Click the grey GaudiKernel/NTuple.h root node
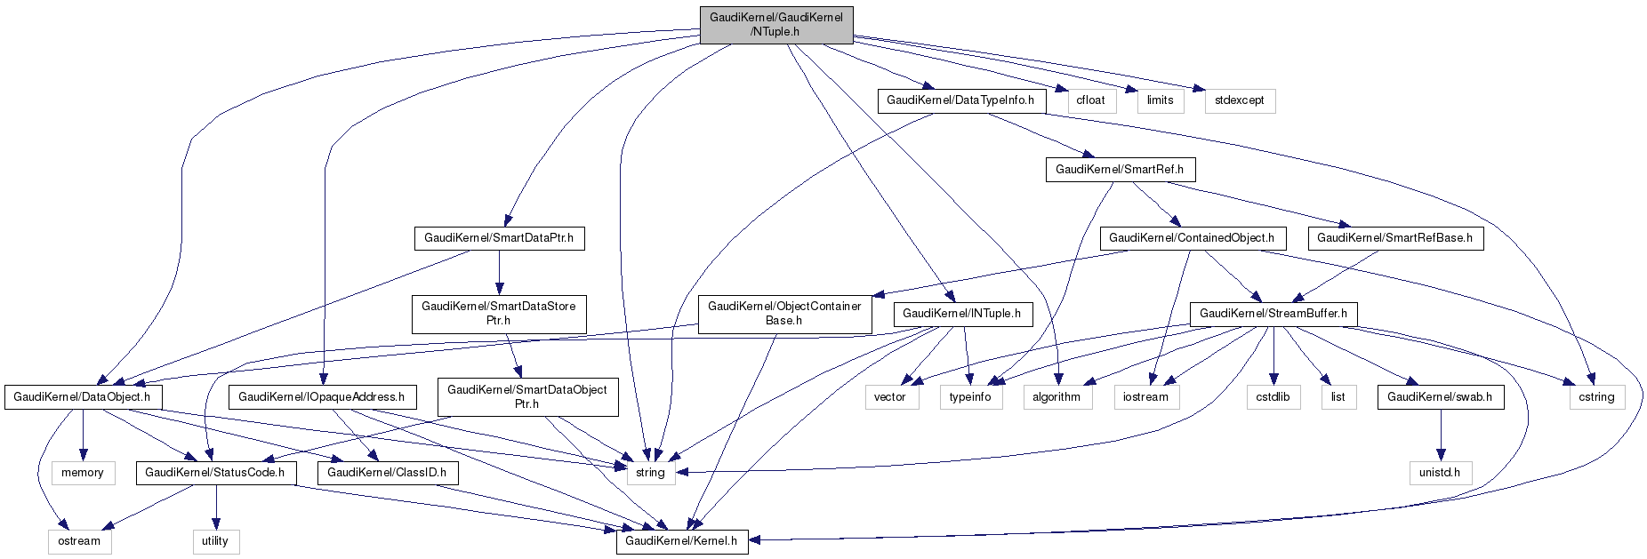775,25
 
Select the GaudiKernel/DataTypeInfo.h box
960,100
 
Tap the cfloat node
1090,100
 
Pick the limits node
1160,100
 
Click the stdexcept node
1240,100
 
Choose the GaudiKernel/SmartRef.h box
1120,169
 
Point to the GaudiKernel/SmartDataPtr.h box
499,238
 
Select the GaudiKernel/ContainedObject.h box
1192,238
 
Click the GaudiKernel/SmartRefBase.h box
1394,238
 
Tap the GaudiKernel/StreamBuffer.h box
1273,314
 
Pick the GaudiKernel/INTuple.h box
962,314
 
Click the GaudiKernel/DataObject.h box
84,397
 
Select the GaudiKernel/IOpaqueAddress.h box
321,397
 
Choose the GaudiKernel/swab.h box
1440,397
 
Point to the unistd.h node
1440,473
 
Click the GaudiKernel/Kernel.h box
682,540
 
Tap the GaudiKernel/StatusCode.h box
214,473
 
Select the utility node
215,540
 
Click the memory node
83,473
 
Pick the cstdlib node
1273,397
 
